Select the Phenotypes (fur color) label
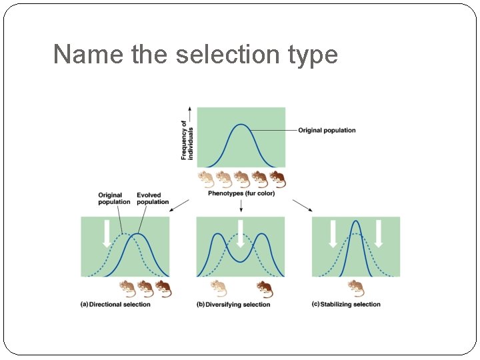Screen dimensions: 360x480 241,193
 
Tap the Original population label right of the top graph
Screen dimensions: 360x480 327,131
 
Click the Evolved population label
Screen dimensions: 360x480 153,199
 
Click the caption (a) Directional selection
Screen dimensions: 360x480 115,305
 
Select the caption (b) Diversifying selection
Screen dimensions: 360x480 233,305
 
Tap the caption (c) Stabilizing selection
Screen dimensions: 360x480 346,305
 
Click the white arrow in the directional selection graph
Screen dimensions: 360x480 106,234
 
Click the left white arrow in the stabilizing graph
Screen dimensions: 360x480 333,234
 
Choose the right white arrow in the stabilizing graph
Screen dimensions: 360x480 379,234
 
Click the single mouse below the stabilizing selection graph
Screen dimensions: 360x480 356,288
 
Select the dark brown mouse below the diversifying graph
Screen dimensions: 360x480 264,288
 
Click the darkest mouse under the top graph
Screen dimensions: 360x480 277,179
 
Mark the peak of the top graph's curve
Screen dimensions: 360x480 241,125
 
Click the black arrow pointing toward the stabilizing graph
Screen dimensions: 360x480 302,205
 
